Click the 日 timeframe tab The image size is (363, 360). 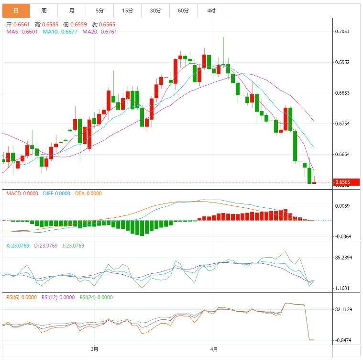point(15,11)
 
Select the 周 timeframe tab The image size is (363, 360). point(44,11)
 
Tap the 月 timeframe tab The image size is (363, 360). point(72,11)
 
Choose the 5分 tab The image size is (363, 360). point(99,11)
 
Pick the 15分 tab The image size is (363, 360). point(128,11)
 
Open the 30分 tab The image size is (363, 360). point(155,11)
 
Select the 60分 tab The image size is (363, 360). point(183,11)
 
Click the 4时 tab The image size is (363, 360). point(211,11)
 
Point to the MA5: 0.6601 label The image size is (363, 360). point(22,32)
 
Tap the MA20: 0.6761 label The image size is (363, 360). point(99,32)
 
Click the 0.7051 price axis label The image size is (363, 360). point(342,32)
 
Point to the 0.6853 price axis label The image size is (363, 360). point(342,93)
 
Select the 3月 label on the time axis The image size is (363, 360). point(94,349)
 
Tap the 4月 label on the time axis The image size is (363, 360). point(214,349)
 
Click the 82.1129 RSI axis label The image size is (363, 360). point(344,310)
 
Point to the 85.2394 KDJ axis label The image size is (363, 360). point(344,258)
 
